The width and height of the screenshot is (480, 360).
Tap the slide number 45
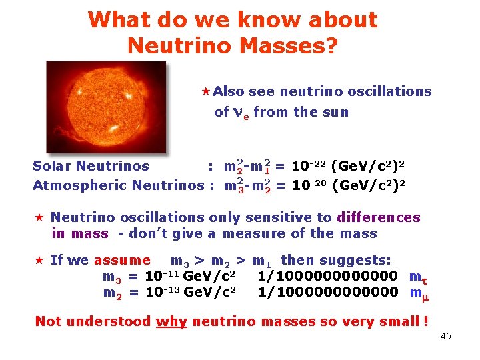pyautogui.click(x=446, y=336)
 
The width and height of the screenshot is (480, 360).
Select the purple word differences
pyautogui.click(x=379, y=217)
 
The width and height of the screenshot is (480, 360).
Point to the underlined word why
pyautogui.click(x=171, y=321)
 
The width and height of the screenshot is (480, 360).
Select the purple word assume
pyautogui.click(x=122, y=260)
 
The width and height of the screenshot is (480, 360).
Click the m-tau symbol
pyautogui.click(x=417, y=277)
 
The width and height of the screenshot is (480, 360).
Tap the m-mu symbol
pyautogui.click(x=417, y=293)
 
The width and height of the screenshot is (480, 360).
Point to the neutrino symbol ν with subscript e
pyautogui.click(x=241, y=113)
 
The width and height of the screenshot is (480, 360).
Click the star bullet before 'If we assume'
pyautogui.click(x=39, y=260)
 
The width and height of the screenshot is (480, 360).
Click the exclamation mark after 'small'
pyautogui.click(x=425, y=321)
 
